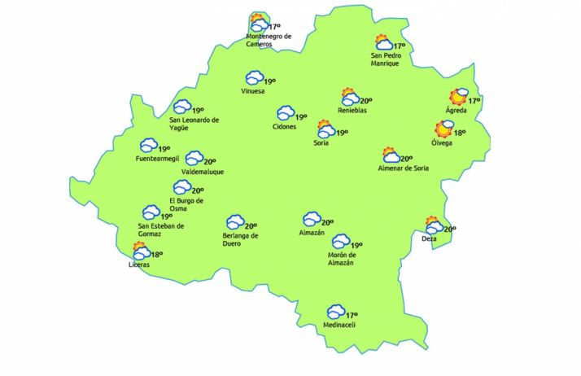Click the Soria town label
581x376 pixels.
pyautogui.click(x=321, y=143)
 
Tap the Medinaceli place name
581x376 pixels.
pyautogui.click(x=339, y=325)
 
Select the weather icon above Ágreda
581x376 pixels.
pyautogui.click(x=460, y=97)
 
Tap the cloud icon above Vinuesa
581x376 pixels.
pyautogui.click(x=255, y=78)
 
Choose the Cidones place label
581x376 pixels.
pyautogui.click(x=285, y=126)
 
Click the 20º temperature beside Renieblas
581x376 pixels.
pyautogui.click(x=366, y=100)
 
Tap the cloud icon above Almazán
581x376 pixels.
pyautogui.click(x=312, y=220)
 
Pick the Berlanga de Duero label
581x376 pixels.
pyautogui.click(x=240, y=239)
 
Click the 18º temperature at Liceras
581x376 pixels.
pyautogui.click(x=157, y=255)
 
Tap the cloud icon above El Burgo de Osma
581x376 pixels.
pyautogui.click(x=181, y=188)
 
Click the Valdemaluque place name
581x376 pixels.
pyautogui.click(x=203, y=172)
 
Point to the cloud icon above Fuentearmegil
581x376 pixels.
pyautogui.click(x=148, y=145)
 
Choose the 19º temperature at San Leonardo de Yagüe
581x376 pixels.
pyautogui.click(x=198, y=110)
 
